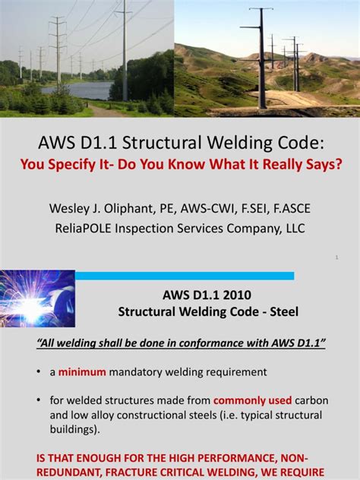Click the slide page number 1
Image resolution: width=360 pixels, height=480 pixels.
pyautogui.click(x=336, y=258)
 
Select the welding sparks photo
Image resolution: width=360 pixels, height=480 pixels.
pyautogui.click(x=37, y=298)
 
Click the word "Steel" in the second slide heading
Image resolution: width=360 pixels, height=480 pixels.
pyautogui.click(x=282, y=311)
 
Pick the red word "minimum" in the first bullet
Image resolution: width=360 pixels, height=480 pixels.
pyautogui.click(x=83, y=372)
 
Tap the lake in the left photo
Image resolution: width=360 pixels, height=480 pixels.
pyautogui.click(x=76, y=90)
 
